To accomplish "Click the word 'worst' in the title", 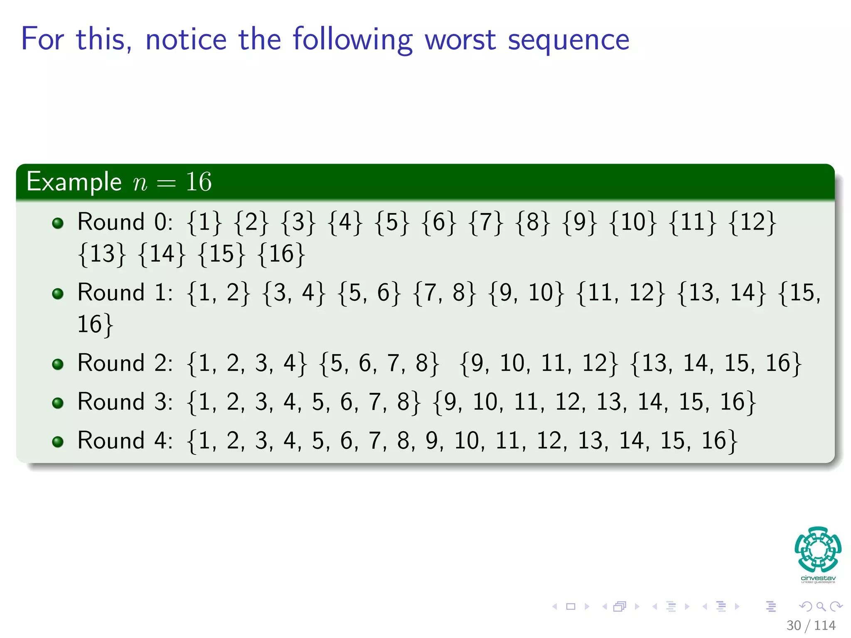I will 460,40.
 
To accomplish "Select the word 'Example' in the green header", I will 74,182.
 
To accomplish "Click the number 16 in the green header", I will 199,182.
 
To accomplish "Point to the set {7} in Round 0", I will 485,222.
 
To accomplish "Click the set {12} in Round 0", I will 752,222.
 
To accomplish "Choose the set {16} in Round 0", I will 281,254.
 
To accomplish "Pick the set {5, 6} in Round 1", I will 369,293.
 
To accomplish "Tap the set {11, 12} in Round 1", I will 621,293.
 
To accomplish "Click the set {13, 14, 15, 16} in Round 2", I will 716,363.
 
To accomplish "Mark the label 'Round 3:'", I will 125,402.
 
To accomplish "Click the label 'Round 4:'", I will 125,441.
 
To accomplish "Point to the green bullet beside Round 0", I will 58,223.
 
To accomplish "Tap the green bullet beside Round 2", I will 58,365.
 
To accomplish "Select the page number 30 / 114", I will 811,626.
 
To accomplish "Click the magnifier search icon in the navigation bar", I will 821,607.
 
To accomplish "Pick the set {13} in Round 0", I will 102,254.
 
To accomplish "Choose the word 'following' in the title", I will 352,40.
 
